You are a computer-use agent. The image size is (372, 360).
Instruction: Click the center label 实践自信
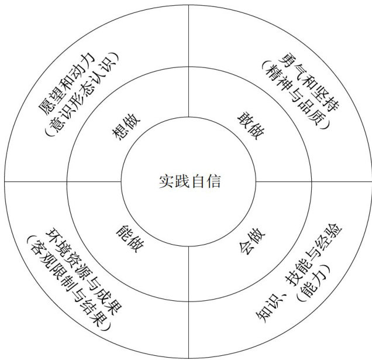pyautogui.click(x=189, y=181)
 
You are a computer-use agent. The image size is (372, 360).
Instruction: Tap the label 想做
pyautogui.click(x=125, y=129)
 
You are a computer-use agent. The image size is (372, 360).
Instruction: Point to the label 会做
pyautogui.click(x=251, y=235)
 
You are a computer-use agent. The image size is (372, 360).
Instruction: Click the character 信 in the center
pyautogui.click(x=213, y=181)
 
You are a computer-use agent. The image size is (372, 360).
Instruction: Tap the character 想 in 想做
pyautogui.click(x=119, y=135)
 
